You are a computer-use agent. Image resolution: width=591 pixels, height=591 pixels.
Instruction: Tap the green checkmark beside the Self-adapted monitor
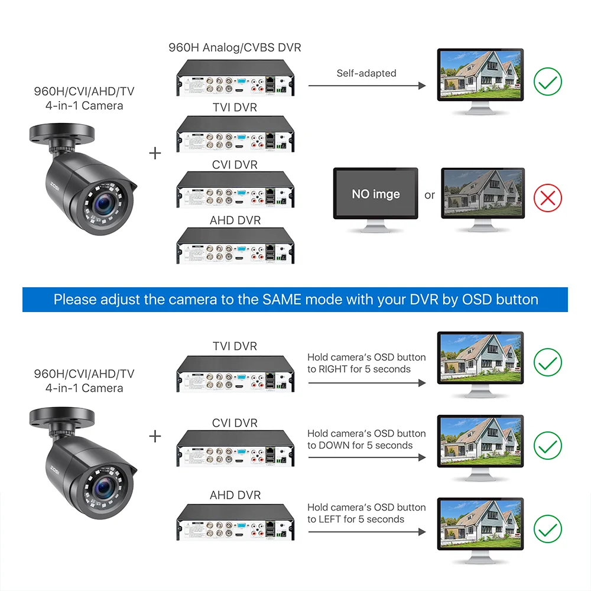click(x=548, y=82)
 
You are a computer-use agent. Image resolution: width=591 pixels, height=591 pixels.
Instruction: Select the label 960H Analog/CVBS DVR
click(x=235, y=47)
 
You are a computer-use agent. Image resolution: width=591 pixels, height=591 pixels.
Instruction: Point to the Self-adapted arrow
click(x=366, y=86)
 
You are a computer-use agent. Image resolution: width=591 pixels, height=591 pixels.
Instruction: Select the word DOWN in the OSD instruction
click(x=334, y=445)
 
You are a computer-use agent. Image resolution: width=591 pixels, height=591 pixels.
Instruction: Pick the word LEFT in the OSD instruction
click(x=330, y=519)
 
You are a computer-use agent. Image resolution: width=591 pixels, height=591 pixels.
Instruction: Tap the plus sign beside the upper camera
click(x=155, y=153)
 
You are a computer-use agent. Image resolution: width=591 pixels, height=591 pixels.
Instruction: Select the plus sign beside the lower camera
click(x=155, y=436)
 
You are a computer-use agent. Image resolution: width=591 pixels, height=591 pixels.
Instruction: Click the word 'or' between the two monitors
click(x=430, y=195)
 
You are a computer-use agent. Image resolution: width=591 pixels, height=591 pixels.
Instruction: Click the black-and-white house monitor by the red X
click(x=483, y=192)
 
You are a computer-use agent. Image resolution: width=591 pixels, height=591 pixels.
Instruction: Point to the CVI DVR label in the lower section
click(x=235, y=423)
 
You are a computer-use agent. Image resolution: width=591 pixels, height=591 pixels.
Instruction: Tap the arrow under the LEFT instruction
click(x=366, y=532)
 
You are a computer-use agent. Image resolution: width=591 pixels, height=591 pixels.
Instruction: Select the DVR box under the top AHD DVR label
click(x=235, y=245)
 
